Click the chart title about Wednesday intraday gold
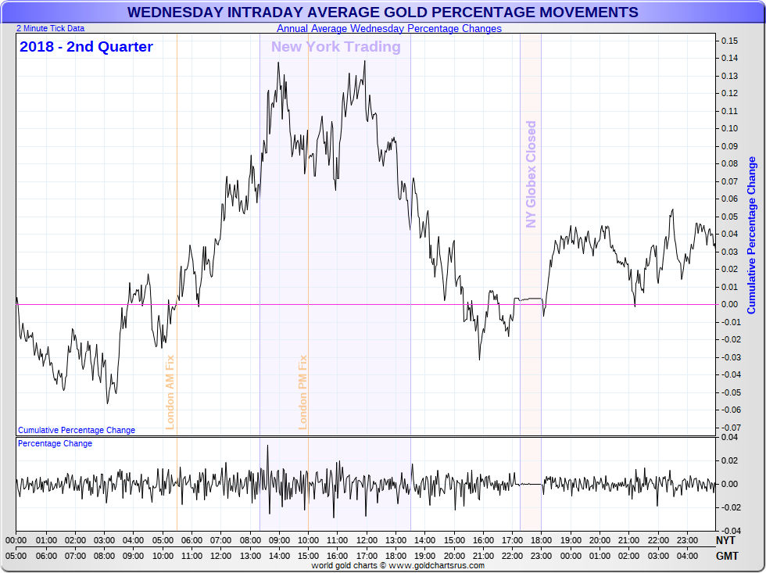(382, 13)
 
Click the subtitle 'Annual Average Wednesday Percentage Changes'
(388, 29)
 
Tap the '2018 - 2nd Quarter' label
(86, 47)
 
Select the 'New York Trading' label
(335, 47)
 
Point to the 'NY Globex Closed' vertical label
(532, 174)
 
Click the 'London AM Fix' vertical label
(170, 392)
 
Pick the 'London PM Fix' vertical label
(303, 392)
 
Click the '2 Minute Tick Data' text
(50, 29)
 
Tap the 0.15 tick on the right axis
(729, 41)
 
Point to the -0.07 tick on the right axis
(729, 428)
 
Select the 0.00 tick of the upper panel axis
(729, 304)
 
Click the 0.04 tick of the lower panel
(728, 437)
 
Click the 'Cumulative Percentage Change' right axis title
(752, 235)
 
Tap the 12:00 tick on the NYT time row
(366, 540)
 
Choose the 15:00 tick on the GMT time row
(308, 556)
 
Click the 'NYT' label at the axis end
(725, 540)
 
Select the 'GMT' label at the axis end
(725, 556)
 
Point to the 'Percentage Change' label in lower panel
(55, 444)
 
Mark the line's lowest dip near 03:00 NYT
(107, 403)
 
